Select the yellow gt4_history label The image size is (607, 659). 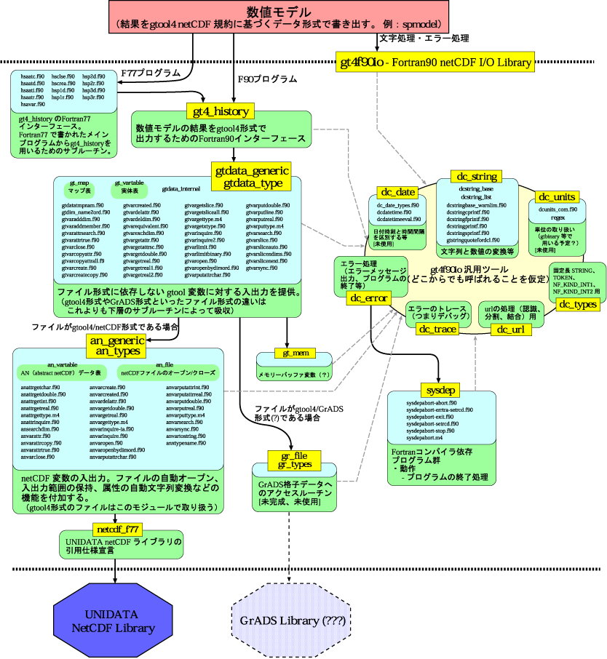pyautogui.click(x=221, y=111)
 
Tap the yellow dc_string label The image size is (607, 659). pyautogui.click(x=477, y=176)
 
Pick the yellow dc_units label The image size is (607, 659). pyautogui.click(x=556, y=197)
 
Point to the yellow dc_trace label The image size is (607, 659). pyautogui.click(x=437, y=329)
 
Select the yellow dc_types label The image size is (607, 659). pyautogui.click(x=577, y=305)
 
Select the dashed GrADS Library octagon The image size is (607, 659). pyautogui.click(x=289, y=621)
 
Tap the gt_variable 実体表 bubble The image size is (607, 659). pyautogui.click(x=129, y=186)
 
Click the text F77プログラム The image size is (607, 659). pyautogui.click(x=150, y=73)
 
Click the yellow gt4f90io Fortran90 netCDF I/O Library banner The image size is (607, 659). pyautogui.click(x=435, y=63)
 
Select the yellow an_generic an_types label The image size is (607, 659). pyautogui.click(x=115, y=346)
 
